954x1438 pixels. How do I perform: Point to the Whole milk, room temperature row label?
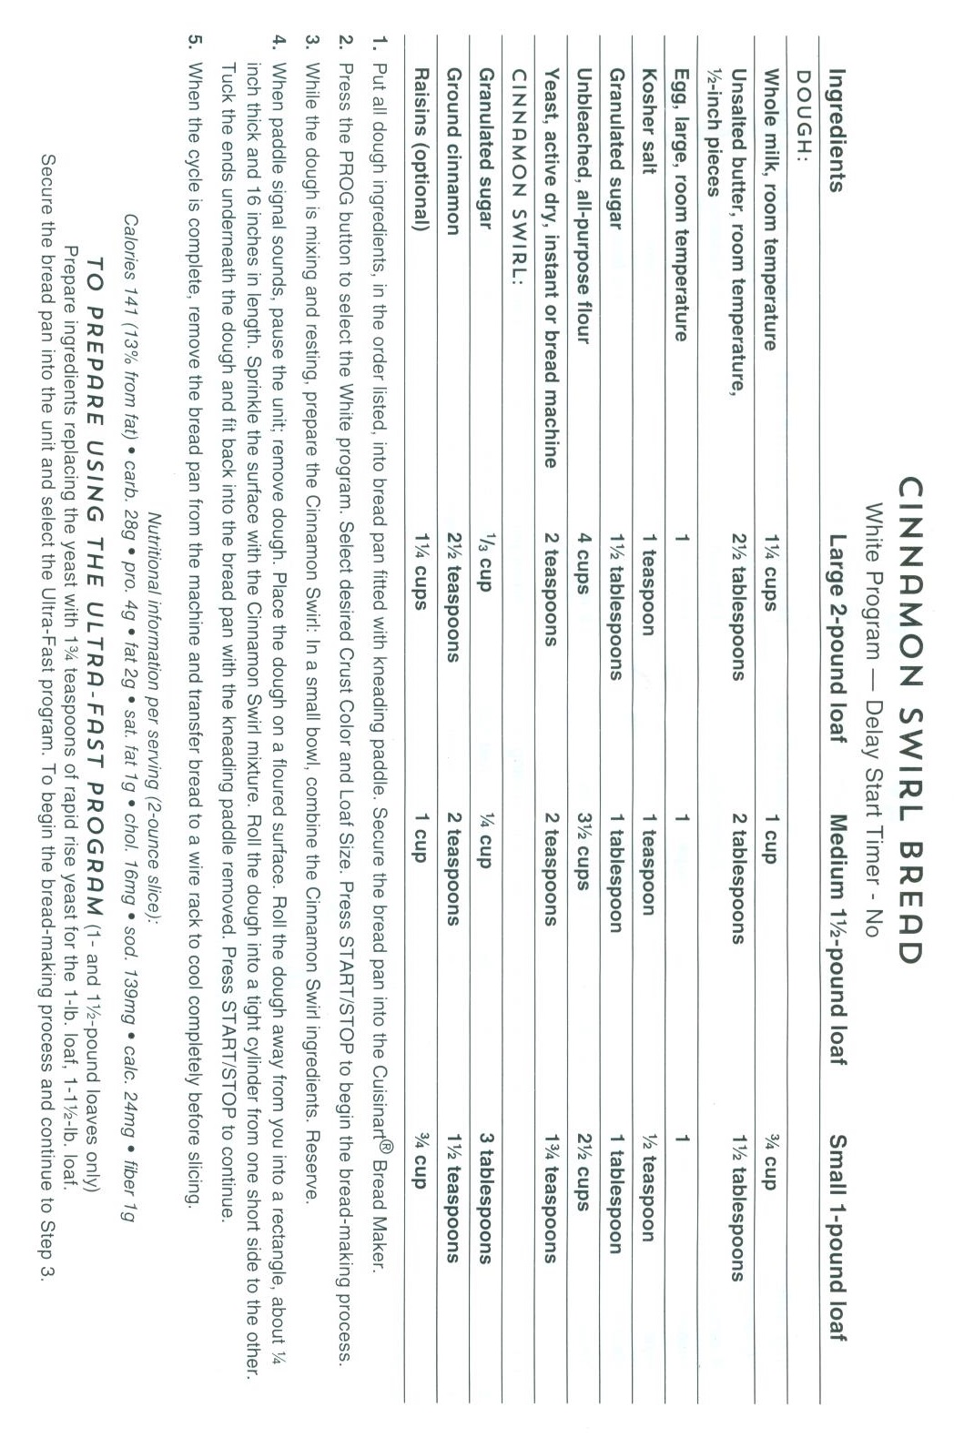click(769, 210)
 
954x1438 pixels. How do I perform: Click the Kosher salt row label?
click(649, 113)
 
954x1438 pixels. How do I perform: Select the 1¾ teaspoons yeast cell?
click(551, 1220)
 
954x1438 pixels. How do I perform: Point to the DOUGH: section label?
click(803, 99)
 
